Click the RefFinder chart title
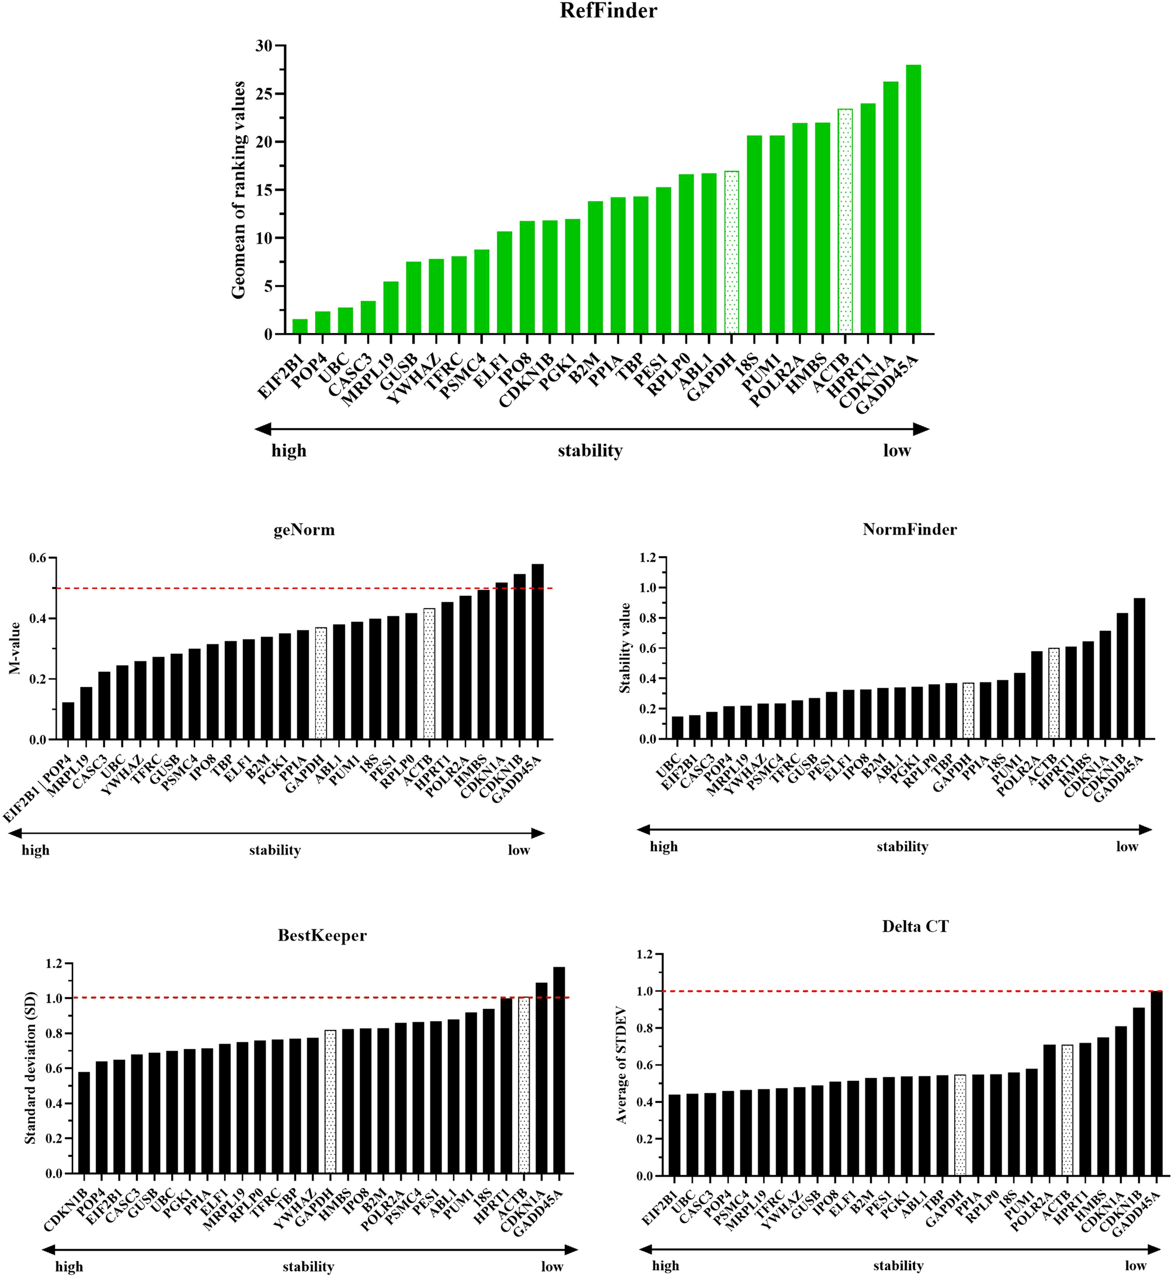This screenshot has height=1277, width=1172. pos(608,11)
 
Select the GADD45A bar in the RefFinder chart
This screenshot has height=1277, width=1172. pos(913,200)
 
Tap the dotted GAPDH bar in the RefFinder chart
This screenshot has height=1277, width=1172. pos(732,252)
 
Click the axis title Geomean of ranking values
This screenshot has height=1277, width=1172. pos(238,190)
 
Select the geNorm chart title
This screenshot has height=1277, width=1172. pos(304,530)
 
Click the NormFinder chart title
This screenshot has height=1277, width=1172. pos(909,529)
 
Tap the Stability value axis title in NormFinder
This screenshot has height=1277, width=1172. pos(625,648)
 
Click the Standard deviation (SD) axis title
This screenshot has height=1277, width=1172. pos(30,1068)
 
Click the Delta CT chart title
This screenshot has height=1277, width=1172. pos(914,926)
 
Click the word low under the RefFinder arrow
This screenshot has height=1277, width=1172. pos(897,450)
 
